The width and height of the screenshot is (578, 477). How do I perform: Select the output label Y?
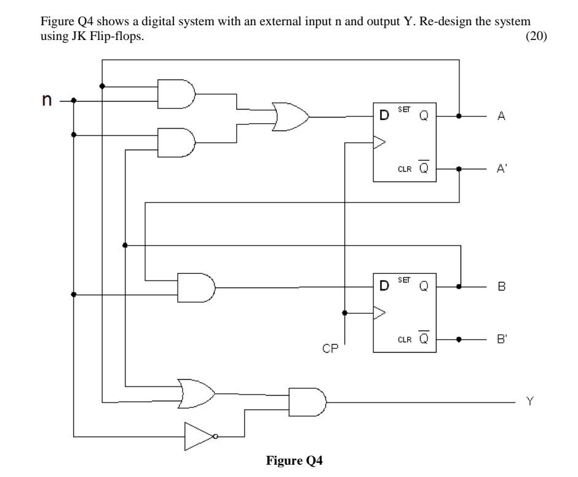point(529,402)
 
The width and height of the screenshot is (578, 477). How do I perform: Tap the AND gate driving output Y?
point(307,402)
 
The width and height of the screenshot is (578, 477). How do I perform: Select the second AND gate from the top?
point(176,142)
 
